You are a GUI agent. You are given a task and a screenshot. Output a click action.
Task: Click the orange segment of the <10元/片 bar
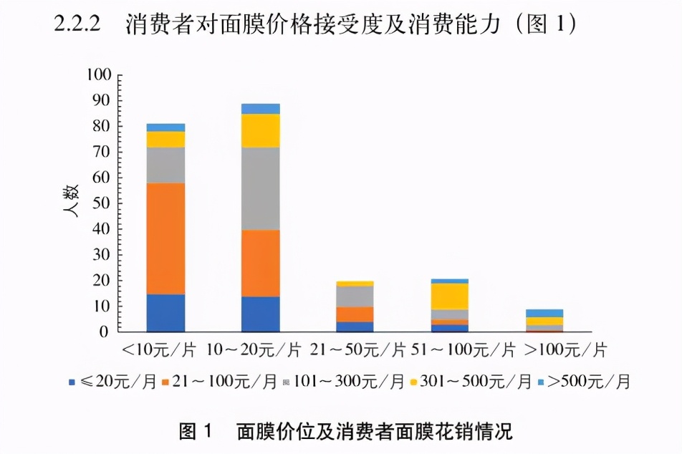click(x=165, y=238)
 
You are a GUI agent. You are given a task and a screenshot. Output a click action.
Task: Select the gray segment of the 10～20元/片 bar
click(x=261, y=188)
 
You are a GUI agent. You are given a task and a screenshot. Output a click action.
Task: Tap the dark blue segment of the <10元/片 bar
click(x=165, y=313)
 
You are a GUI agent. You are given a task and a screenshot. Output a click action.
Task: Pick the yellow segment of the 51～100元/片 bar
click(x=450, y=296)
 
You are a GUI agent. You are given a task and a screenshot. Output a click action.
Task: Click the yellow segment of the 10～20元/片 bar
click(x=261, y=130)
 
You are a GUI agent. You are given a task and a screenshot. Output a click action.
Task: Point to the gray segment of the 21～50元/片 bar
click(x=355, y=296)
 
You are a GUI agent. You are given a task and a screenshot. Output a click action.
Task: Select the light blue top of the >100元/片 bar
click(x=544, y=313)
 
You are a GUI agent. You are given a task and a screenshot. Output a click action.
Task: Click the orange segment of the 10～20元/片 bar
click(x=261, y=263)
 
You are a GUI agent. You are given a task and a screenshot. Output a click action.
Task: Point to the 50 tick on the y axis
click(x=103, y=203)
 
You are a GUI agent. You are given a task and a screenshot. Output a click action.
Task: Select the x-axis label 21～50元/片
click(x=355, y=351)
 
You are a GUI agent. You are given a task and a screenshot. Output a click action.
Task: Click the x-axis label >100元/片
click(x=566, y=351)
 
